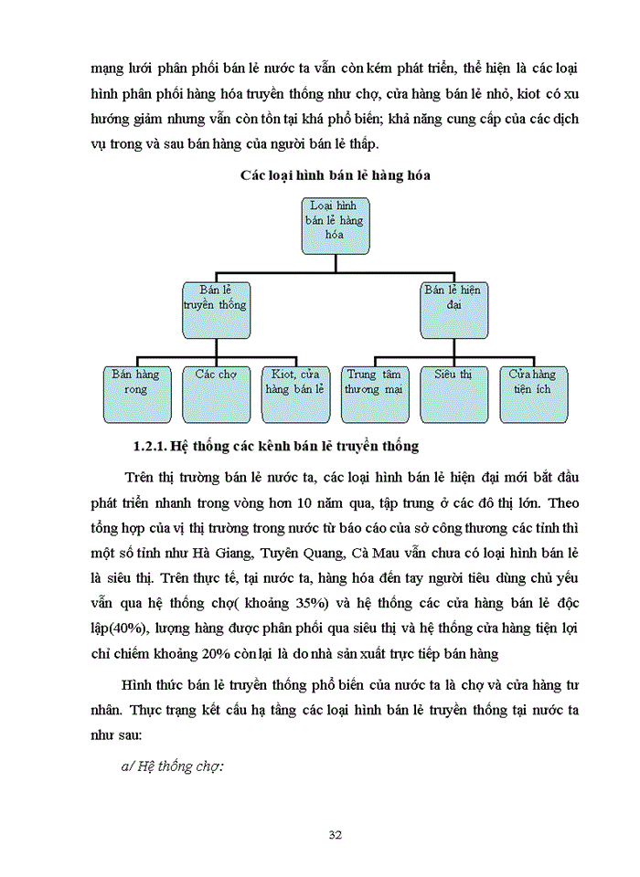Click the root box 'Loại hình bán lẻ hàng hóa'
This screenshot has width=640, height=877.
[336, 226]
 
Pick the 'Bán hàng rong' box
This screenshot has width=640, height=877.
[135, 394]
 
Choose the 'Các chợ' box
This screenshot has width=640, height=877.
[217, 394]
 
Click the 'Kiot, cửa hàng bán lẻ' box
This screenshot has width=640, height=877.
[295, 394]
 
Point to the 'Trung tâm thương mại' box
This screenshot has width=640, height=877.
[373, 394]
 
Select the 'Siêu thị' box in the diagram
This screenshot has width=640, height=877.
[454, 394]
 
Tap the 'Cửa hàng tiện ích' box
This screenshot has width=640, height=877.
[533, 394]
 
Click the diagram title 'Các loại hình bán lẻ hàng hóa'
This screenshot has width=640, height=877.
[335, 175]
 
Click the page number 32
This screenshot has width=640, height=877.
[335, 834]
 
